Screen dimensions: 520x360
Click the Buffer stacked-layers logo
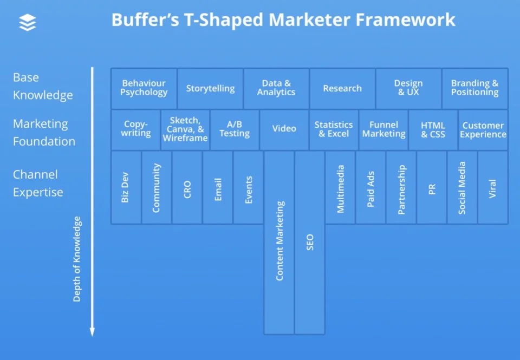28,22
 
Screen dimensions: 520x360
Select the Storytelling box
210,88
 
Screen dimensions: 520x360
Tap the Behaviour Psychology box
144,88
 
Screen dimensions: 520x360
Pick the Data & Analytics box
276,88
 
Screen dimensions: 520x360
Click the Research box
342,88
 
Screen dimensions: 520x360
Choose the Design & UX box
408,88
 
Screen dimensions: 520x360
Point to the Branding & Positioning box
475,88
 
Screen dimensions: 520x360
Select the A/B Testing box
235,130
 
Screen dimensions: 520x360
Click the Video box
284,130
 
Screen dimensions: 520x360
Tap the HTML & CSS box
433,130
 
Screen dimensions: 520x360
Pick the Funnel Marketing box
383,130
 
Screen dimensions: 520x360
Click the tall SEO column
310,243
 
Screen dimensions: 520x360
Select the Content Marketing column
279,243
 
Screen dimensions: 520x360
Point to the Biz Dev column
126,188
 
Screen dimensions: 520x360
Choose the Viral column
493,188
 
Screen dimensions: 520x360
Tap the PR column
432,188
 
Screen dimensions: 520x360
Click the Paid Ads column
370,188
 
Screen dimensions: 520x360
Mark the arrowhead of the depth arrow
92,332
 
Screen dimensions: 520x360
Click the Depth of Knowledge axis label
77,259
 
